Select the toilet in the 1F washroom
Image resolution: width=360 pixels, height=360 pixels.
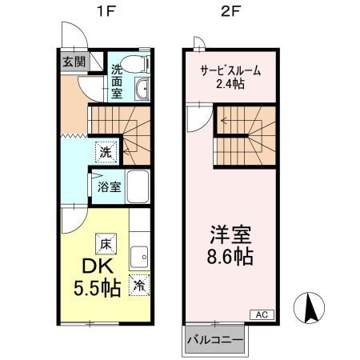[x=142, y=63]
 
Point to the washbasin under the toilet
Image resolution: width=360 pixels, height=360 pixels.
[x=142, y=90]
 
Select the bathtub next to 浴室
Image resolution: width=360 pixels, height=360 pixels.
[x=139, y=186]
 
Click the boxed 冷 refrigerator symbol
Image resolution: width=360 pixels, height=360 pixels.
[x=139, y=285]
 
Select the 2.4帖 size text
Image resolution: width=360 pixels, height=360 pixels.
[x=230, y=85]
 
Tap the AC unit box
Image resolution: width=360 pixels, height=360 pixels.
[x=262, y=314]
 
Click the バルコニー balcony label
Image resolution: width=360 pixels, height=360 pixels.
[x=215, y=340]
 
